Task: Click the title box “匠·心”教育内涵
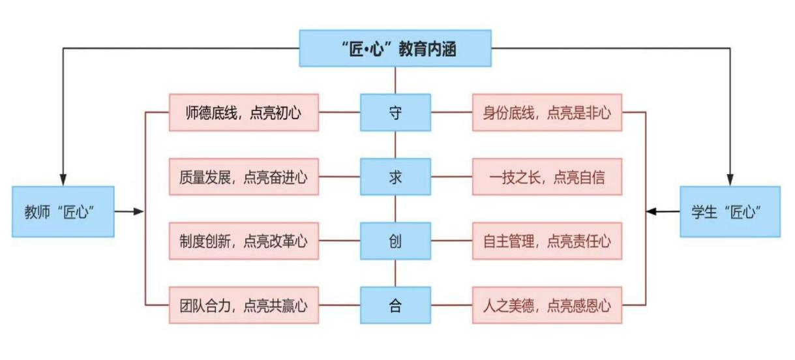click(x=395, y=48)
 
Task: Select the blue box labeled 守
click(x=395, y=113)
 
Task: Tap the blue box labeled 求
click(x=395, y=177)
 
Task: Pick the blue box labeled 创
click(x=395, y=241)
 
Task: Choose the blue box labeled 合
click(x=395, y=305)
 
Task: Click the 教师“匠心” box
click(x=63, y=212)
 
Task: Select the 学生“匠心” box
click(x=730, y=212)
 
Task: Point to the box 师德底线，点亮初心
click(x=243, y=113)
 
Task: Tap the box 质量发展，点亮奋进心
click(x=243, y=177)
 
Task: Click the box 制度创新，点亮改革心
click(x=243, y=241)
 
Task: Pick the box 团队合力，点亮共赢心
click(x=243, y=305)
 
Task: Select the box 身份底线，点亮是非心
click(x=547, y=113)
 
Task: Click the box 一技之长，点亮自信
click(x=547, y=177)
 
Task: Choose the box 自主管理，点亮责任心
click(x=547, y=241)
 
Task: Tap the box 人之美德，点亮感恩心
click(x=547, y=305)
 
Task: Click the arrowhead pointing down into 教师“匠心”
click(x=63, y=179)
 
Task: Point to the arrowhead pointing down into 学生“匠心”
click(x=730, y=179)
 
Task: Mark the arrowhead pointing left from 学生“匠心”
click(x=651, y=211)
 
